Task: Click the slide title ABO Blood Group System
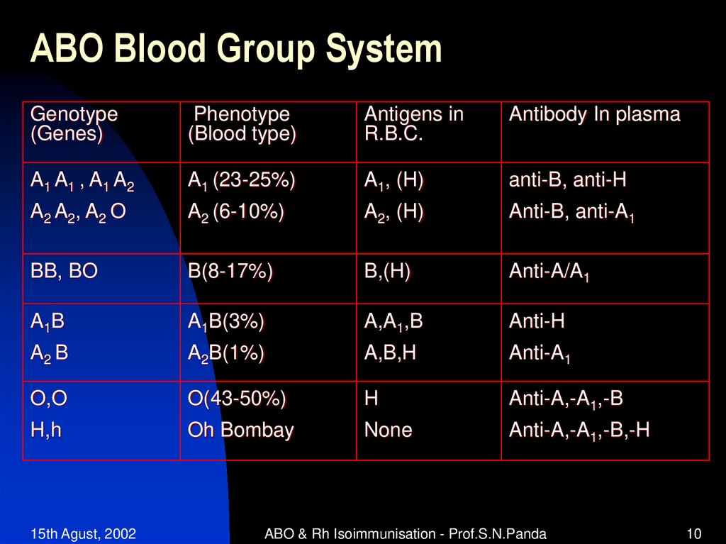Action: pyautogui.click(x=235, y=50)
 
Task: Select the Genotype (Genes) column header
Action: pyautogui.click(x=74, y=124)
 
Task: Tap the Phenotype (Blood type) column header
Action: pyautogui.click(x=242, y=124)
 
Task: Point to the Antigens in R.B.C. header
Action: pyautogui.click(x=413, y=124)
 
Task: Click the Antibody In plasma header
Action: pyautogui.click(x=594, y=115)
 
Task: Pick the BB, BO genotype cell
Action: pyautogui.click(x=64, y=272)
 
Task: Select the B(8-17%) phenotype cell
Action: pyautogui.click(x=230, y=272)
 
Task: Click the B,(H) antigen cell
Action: pyautogui.click(x=387, y=272)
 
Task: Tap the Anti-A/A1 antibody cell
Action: pyautogui.click(x=549, y=273)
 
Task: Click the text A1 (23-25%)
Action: pyautogui.click(x=241, y=182)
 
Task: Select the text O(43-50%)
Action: pyautogui.click(x=237, y=399)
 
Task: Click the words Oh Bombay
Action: pyautogui.click(x=240, y=430)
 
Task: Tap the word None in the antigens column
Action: pyautogui.click(x=388, y=430)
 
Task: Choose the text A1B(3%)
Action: pyautogui.click(x=225, y=323)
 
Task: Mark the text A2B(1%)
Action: pyautogui.click(x=225, y=353)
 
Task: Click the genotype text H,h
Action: pyautogui.click(x=45, y=430)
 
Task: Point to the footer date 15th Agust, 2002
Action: pyautogui.click(x=84, y=534)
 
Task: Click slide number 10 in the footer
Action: pyautogui.click(x=693, y=534)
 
